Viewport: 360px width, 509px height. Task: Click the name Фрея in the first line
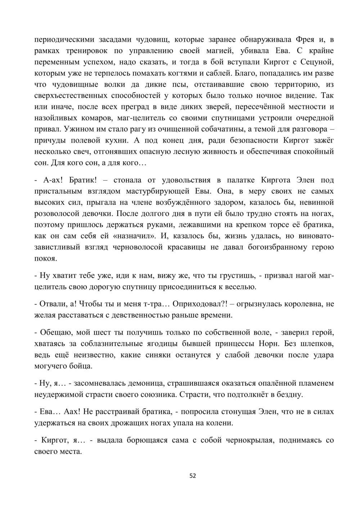[305, 39]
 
